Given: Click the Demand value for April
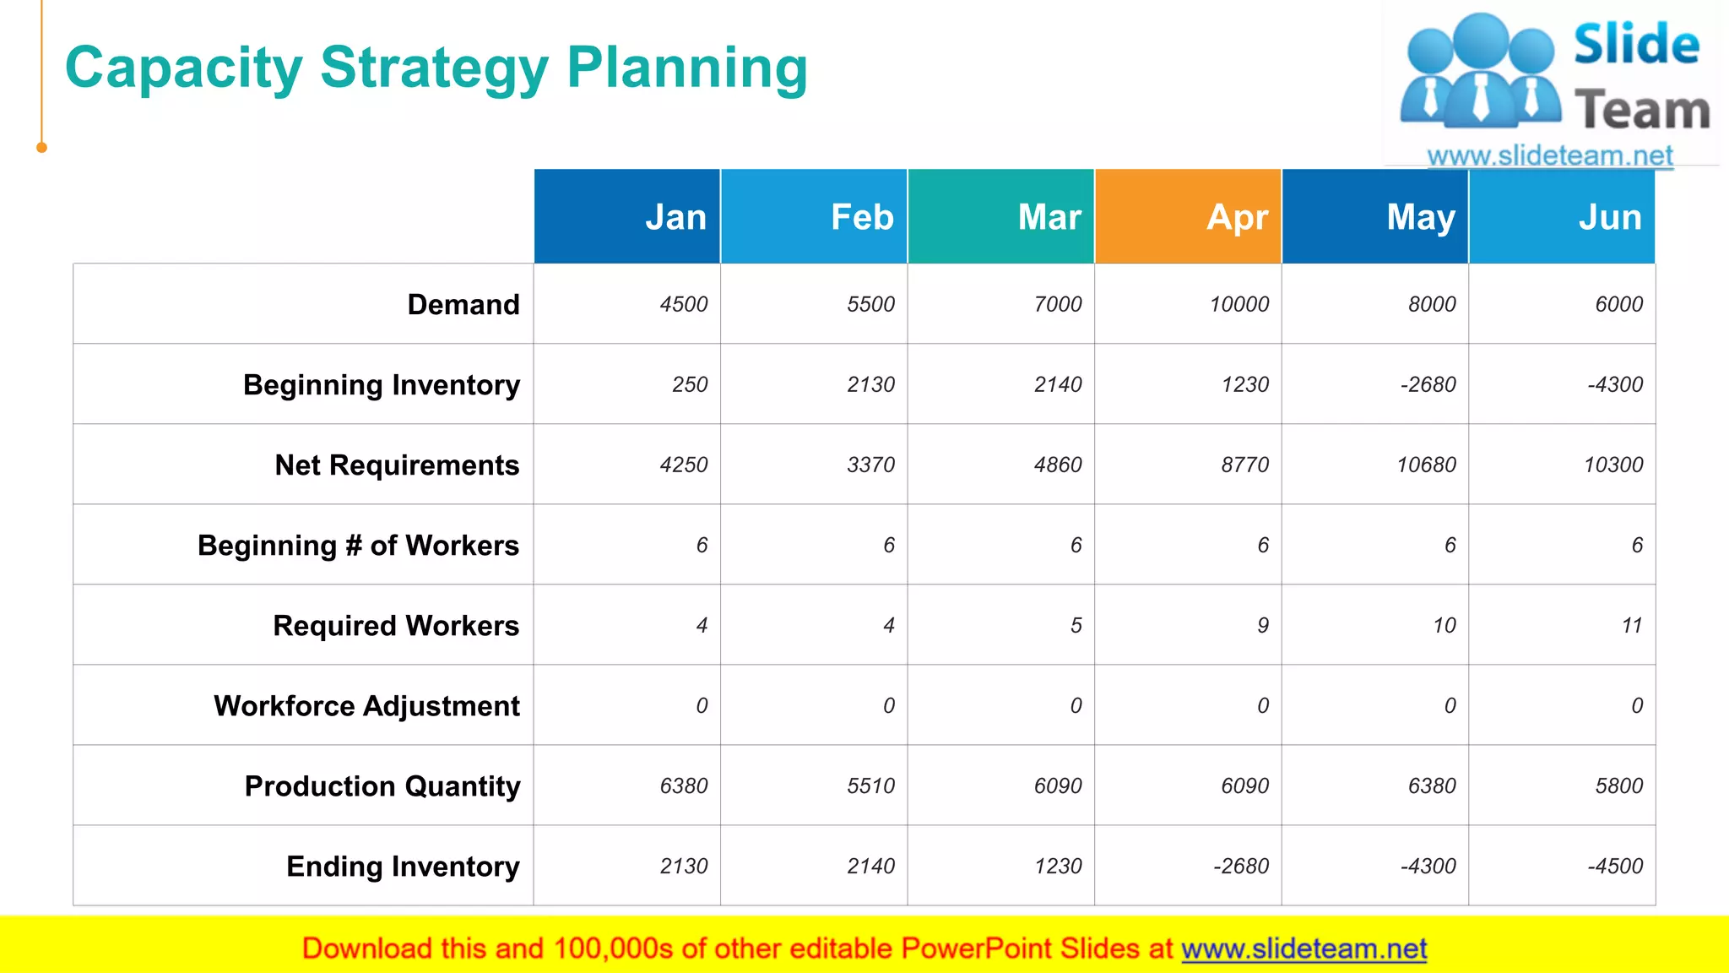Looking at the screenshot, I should pyautogui.click(x=1238, y=304).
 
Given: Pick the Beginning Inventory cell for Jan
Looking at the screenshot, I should pyautogui.click(x=690, y=384).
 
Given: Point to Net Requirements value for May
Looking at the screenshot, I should pyautogui.click(x=1426, y=465).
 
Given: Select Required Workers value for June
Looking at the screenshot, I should pyautogui.click(x=1631, y=626).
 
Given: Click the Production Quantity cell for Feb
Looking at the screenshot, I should pyautogui.click(x=870, y=786).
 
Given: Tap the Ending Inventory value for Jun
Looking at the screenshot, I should pyautogui.click(x=1614, y=867).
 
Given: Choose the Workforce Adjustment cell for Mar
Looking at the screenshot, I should pyautogui.click(x=1076, y=706).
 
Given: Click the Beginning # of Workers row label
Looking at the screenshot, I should pyautogui.click(x=358, y=546).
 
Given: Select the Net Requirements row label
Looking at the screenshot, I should pyautogui.click(x=397, y=465).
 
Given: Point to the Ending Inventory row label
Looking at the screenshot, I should pyautogui.click(x=403, y=867).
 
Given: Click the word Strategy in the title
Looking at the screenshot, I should pyautogui.click(x=434, y=68).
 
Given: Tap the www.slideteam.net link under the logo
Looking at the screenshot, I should pyautogui.click(x=1549, y=155).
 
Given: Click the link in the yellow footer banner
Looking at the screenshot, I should pyautogui.click(x=1304, y=949).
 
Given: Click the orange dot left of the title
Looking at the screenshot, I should pyautogui.click(x=41, y=148).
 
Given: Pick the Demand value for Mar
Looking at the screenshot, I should pyautogui.click(x=1057, y=304).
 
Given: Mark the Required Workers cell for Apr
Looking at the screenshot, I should pyautogui.click(x=1262, y=626).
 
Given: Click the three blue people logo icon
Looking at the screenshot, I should pyautogui.click(x=1480, y=72).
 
